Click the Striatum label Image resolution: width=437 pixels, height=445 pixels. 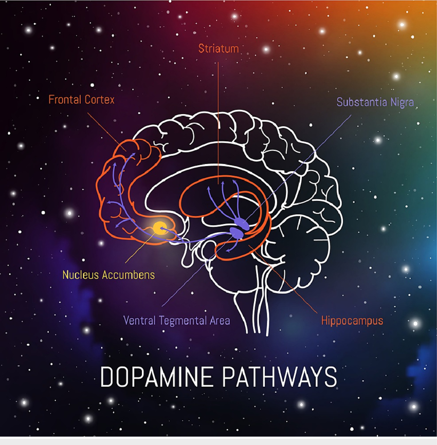pos(219,48)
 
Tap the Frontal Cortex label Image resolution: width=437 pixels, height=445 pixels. pos(82,100)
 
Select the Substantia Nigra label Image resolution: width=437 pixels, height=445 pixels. pos(375,102)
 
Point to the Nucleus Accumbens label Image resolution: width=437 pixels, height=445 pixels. pos(109,275)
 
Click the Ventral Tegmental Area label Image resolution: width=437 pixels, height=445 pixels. pos(177,321)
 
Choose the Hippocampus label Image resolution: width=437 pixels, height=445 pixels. pos(352,321)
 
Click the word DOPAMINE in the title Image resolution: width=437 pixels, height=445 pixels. pos(157,377)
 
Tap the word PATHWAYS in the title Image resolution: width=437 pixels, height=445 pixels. pos(279,377)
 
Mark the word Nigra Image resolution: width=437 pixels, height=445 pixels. pos(402,102)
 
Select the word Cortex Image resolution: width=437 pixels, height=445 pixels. pos(99,100)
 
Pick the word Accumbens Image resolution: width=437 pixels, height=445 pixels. pos(129,275)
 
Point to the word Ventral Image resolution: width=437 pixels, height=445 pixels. pos(140,321)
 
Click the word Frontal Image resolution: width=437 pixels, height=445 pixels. pos(65,100)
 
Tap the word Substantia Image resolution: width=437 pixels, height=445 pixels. pos(362,102)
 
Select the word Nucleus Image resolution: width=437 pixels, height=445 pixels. pos(81,275)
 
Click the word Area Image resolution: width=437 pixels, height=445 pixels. pos(220,321)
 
